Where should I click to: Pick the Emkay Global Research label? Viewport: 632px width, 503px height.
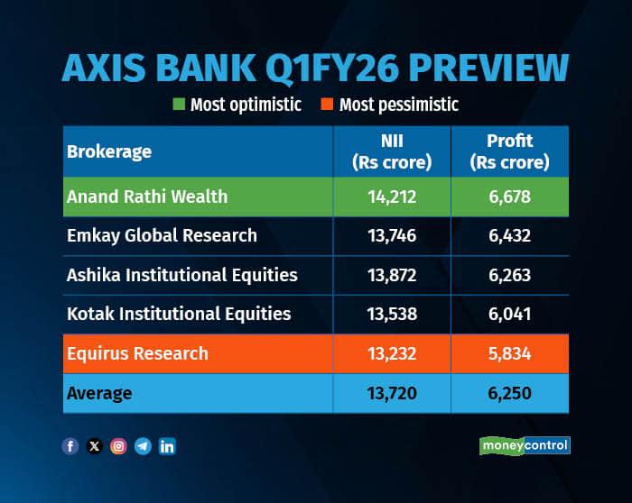(162, 236)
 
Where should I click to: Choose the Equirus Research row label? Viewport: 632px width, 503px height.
(137, 353)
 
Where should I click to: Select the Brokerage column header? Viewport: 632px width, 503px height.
(109, 151)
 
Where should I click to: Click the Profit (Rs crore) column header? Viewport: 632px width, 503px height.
(510, 151)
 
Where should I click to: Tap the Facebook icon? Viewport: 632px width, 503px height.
(70, 446)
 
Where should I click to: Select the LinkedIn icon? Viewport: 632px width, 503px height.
(167, 446)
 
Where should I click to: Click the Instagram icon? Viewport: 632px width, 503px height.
(118, 446)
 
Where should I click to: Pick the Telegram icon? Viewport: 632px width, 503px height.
(143, 446)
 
